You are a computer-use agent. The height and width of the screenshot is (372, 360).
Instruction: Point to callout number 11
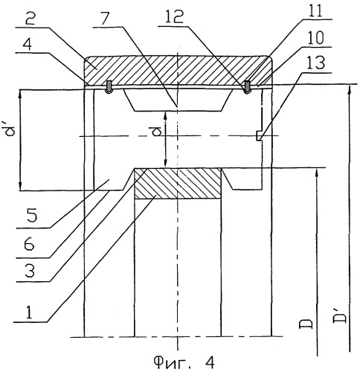coord(314,10)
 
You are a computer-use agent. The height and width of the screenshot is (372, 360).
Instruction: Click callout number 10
coord(316,38)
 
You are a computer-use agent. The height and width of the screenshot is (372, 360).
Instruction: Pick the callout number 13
coord(315,62)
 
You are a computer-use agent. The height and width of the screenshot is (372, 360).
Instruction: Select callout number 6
coord(29,245)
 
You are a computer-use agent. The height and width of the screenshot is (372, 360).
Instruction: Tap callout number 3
coord(30,272)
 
